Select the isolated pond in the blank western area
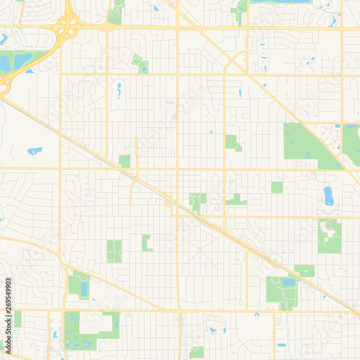point(34,151)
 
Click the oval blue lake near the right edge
point(329,195)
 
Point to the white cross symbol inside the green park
point(307,271)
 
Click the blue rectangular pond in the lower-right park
point(288,282)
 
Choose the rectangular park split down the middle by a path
point(114,251)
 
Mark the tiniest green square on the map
point(211,132)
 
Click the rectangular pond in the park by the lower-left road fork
point(84,289)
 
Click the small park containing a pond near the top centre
point(140,63)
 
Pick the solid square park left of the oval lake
point(277,187)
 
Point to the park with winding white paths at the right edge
point(330,235)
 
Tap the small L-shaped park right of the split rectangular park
point(146,243)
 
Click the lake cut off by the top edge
point(280,1)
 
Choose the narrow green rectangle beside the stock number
point(17,319)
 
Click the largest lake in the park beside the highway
point(20,60)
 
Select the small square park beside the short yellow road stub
point(125,161)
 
